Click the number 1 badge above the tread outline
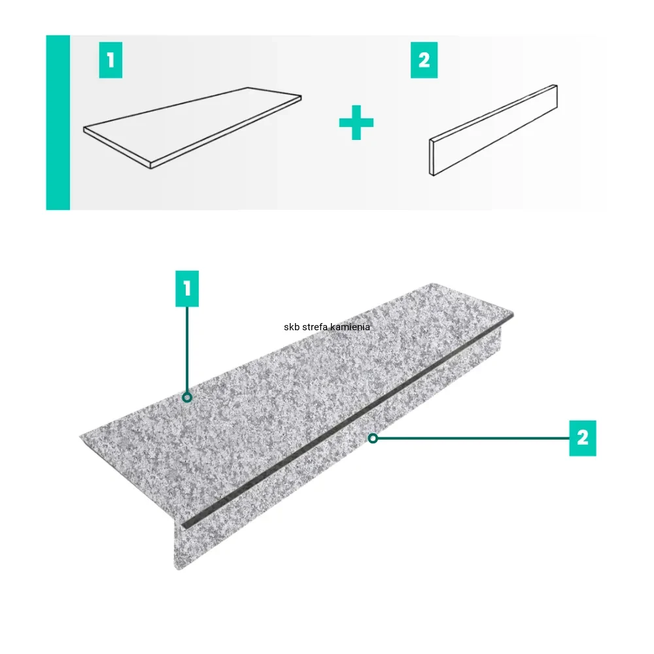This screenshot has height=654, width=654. pyautogui.click(x=111, y=60)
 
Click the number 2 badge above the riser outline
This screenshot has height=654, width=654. pyautogui.click(x=424, y=60)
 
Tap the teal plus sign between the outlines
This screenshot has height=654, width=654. pyautogui.click(x=356, y=123)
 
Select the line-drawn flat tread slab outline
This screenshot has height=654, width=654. pyautogui.click(x=192, y=128)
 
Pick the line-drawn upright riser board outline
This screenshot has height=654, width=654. pyautogui.click(x=493, y=130)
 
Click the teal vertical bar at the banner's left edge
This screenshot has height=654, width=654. pyautogui.click(x=58, y=123)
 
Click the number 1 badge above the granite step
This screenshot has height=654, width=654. pyautogui.click(x=187, y=288)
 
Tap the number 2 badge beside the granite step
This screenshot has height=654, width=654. pyautogui.click(x=583, y=438)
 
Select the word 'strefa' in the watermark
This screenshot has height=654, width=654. pyautogui.click(x=315, y=327)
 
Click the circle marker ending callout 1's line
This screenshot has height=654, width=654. pyautogui.click(x=187, y=398)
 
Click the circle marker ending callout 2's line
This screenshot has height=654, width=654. pyautogui.click(x=373, y=438)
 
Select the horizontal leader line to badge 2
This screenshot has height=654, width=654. pyautogui.click(x=473, y=438)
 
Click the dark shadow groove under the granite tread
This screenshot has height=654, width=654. pyautogui.click(x=347, y=421)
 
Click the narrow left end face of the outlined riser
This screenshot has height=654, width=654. pyautogui.click(x=432, y=157)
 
